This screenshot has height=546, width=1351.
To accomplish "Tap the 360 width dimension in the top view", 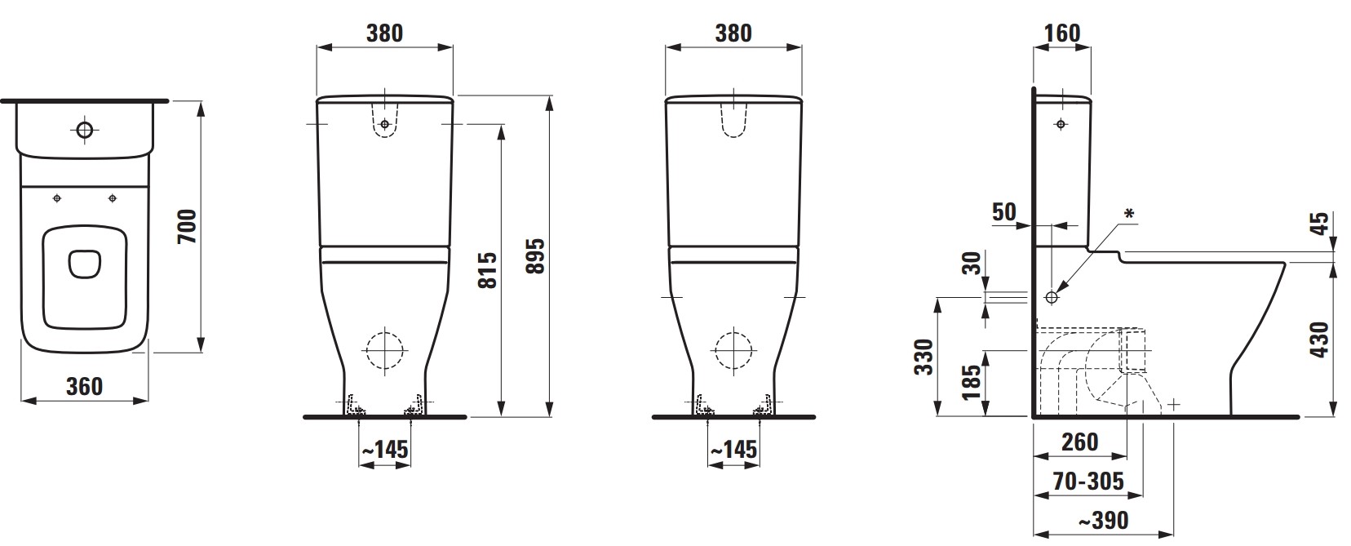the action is click(85, 386).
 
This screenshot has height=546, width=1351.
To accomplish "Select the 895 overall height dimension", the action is click(534, 255).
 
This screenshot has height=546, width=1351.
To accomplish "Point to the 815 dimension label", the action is click(487, 269).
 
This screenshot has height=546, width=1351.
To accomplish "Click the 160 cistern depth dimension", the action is click(1062, 33).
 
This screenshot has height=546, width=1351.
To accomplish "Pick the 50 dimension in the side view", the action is click(1004, 211).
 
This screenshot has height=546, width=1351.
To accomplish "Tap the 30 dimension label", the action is click(972, 263).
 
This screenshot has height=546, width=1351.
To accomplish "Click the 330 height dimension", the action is click(924, 357).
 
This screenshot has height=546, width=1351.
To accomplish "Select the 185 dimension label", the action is click(972, 382).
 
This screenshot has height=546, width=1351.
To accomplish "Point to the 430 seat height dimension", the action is click(1320, 340).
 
